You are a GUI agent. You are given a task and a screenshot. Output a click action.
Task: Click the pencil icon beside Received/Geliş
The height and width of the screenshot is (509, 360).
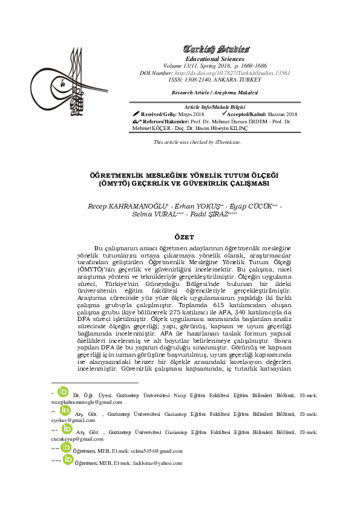pos(136,114)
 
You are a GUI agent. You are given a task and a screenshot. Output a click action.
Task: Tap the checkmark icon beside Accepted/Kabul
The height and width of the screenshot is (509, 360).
pos(224,114)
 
